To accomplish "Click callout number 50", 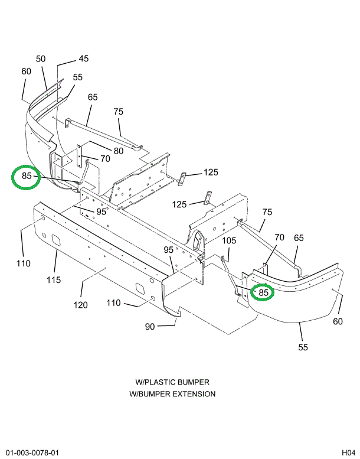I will (x=41, y=58).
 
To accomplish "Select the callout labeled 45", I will (x=83, y=58).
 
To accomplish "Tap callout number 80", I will (x=119, y=151).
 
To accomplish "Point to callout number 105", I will (x=229, y=240).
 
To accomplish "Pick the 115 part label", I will (x=54, y=279).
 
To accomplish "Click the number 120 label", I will (x=80, y=305).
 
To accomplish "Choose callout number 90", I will (x=149, y=326).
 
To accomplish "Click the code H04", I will (x=348, y=453).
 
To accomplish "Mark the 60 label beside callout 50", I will (x=26, y=71).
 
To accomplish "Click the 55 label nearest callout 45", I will (x=78, y=77).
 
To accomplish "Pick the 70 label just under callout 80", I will (x=105, y=158).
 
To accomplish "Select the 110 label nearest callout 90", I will (x=114, y=303).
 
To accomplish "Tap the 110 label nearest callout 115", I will (x=23, y=263).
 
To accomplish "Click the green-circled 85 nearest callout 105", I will (x=263, y=292).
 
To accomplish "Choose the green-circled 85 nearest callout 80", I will (x=27, y=176).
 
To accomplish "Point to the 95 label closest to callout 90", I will (x=169, y=250).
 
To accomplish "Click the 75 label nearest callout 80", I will (x=119, y=112).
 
